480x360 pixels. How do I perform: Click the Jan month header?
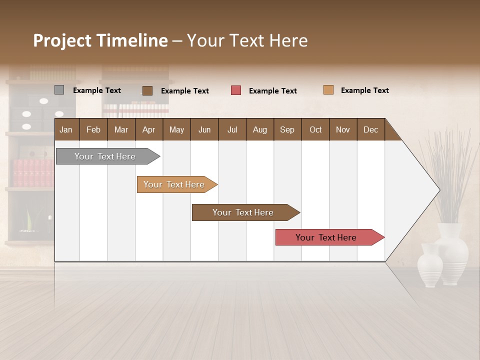pos(66,129)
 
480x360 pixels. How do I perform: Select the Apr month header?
pos(148,129)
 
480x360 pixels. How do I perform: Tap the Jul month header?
pos(232,129)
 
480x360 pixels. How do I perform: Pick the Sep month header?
pos(287,129)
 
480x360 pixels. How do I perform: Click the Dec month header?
pos(370,129)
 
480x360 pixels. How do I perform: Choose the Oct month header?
pos(315,129)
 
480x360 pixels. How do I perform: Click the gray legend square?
pos(59,90)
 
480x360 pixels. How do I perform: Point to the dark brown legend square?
pos(147,90)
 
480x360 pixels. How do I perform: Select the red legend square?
pos(235,90)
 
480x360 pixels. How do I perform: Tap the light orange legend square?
pos(328,90)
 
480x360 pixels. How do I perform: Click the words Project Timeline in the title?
pos(100,40)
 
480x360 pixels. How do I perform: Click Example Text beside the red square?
pos(272,91)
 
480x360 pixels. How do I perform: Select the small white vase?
pos(429,266)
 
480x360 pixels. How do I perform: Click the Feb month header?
pos(93,129)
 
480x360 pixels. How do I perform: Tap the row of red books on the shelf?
pos(33,173)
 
